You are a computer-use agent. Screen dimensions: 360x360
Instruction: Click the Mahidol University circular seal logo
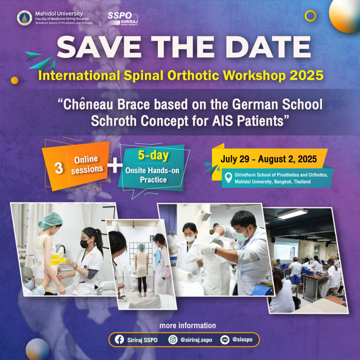[24, 18]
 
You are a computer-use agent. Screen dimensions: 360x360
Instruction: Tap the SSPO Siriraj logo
[123, 18]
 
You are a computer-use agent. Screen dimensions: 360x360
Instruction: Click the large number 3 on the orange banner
[59, 168]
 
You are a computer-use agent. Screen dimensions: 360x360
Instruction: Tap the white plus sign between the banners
[115, 166]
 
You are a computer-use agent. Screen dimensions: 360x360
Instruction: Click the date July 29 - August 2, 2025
[269, 159]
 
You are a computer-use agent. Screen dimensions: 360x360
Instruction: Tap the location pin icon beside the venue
[229, 178]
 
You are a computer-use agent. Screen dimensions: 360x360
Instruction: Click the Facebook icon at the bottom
[119, 340]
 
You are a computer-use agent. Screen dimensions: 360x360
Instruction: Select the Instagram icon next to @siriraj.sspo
[173, 340]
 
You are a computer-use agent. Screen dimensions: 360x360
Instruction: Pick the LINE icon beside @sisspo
[225, 340]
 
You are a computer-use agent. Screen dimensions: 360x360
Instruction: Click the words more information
[187, 326]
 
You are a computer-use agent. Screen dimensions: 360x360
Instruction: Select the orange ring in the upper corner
[310, 15]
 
